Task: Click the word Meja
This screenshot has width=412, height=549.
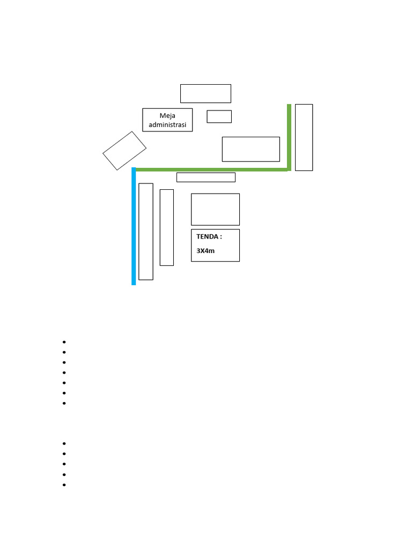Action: (167, 115)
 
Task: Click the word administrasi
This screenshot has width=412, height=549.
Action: (167, 125)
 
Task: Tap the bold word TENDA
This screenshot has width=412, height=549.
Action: (208, 236)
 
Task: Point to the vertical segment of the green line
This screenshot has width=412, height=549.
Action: (289, 137)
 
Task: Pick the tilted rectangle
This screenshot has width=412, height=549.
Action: (124, 151)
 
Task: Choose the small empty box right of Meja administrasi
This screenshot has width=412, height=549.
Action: (219, 116)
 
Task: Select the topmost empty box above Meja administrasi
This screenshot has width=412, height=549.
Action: (205, 93)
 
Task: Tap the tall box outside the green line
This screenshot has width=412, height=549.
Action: (304, 137)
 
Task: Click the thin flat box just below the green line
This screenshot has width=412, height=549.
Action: (206, 177)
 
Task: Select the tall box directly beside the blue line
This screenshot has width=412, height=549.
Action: (146, 232)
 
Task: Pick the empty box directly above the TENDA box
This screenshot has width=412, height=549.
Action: (215, 209)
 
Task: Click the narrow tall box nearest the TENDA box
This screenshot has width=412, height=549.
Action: (167, 227)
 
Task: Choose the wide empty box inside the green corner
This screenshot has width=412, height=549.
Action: (251, 149)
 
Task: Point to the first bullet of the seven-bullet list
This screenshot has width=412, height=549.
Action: (64, 342)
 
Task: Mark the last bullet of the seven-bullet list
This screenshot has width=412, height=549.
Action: (64, 403)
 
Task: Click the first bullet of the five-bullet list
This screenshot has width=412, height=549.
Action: (64, 443)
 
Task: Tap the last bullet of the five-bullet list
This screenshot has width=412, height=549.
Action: (64, 485)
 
